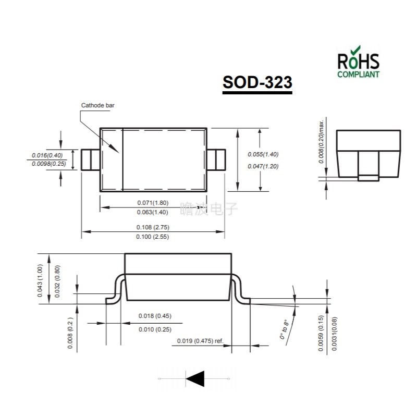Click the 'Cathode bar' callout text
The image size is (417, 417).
(97, 105)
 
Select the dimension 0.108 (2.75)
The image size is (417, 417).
(153, 227)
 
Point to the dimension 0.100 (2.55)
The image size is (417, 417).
(153, 237)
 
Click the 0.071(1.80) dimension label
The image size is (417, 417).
(153, 203)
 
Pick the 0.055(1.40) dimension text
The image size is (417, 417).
(263, 154)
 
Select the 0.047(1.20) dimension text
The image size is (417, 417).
(263, 166)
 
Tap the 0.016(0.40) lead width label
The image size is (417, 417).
(47, 155)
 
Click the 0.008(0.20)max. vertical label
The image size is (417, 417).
(322, 141)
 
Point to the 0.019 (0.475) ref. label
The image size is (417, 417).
(200, 341)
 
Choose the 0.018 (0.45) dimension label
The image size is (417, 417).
(155, 316)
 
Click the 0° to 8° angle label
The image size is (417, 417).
(284, 329)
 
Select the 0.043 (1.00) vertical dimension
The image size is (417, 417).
(40, 281)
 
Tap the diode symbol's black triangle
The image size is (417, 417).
(195, 377)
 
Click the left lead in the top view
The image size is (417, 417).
(91, 160)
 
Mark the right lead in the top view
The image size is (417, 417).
(216, 160)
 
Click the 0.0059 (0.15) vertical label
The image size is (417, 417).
(322, 334)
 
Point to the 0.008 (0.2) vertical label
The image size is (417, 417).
(70, 333)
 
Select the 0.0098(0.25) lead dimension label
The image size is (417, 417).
(48, 164)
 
